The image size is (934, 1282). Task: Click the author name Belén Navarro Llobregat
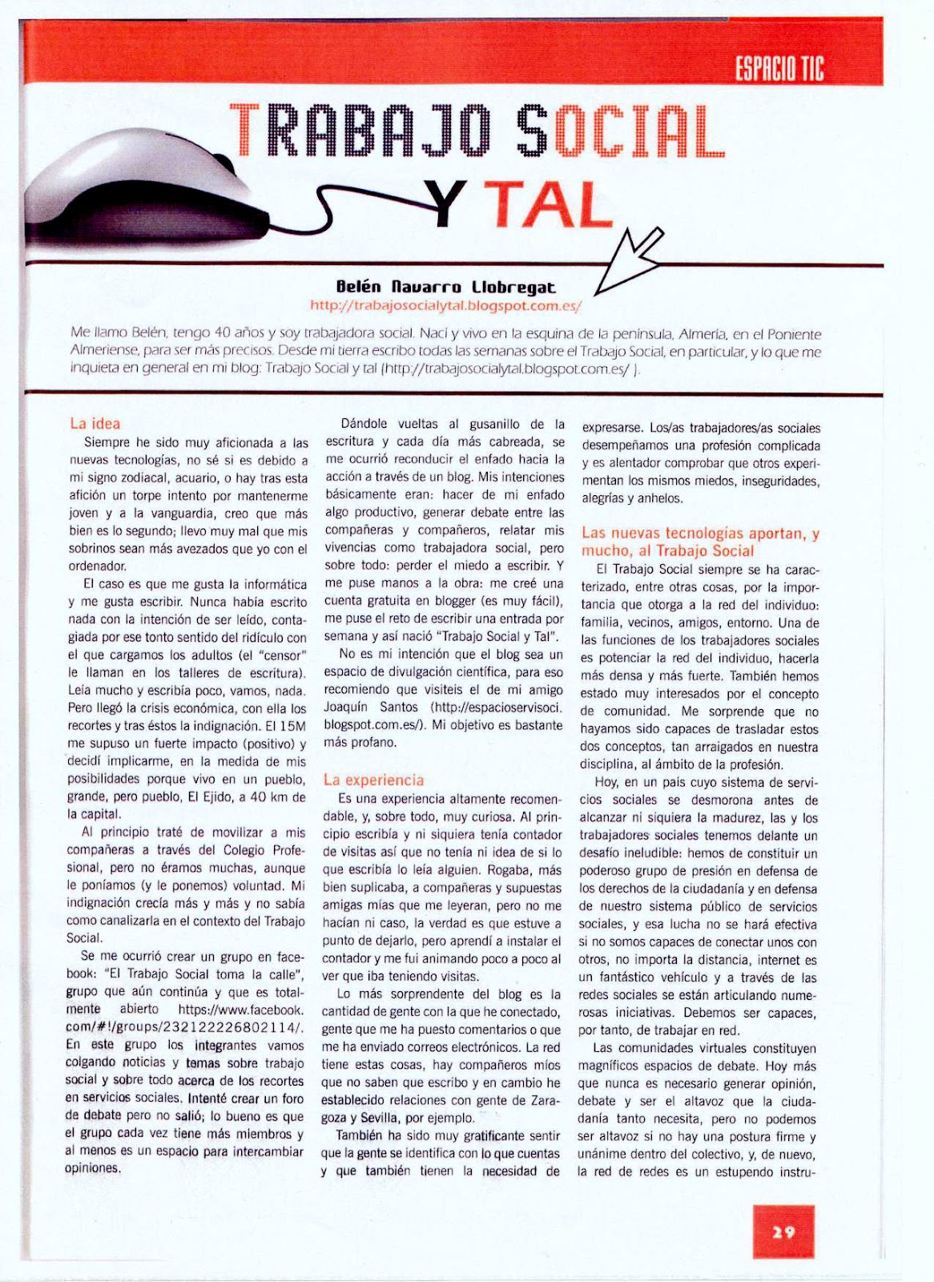(x=445, y=287)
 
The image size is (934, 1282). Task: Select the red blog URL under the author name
(x=445, y=305)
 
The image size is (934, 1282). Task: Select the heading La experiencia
(x=373, y=780)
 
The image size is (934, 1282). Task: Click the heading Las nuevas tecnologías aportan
(x=700, y=534)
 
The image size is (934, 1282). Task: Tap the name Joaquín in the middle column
(x=348, y=708)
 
